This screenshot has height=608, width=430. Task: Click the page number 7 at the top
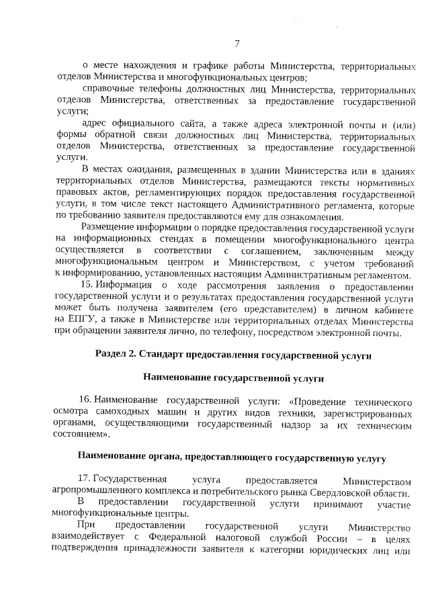[236, 44]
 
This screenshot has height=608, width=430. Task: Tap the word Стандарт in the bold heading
[170, 354]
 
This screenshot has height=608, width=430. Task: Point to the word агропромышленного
[96, 491]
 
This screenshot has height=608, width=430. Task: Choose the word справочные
[106, 89]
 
